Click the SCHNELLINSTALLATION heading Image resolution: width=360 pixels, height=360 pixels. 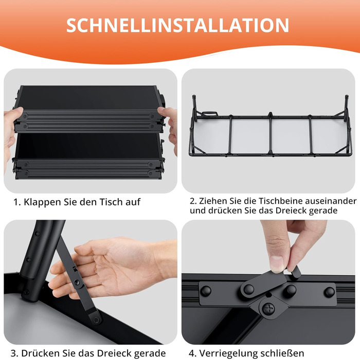pos(177,25)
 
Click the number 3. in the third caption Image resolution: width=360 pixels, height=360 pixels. pos(15,353)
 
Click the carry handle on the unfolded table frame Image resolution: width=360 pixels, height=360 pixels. pos(209,113)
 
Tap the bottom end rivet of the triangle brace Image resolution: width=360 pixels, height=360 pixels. pos(97,319)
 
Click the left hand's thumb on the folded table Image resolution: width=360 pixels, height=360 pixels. pos(15,112)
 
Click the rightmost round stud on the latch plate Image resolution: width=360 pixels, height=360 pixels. pos(330,292)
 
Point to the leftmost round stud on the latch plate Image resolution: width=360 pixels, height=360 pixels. pos(206,291)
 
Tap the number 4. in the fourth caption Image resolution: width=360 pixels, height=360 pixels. pos(193,353)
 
